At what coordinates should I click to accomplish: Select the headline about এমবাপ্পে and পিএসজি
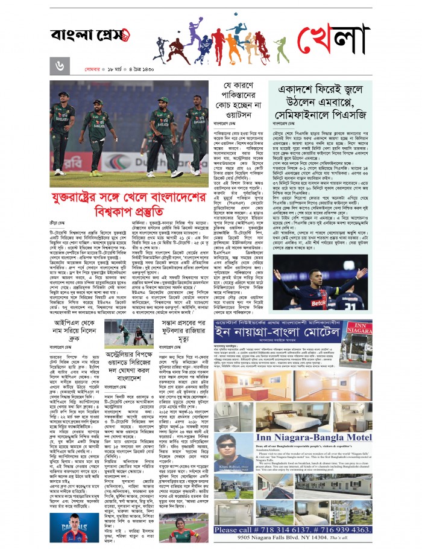point(319,99)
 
